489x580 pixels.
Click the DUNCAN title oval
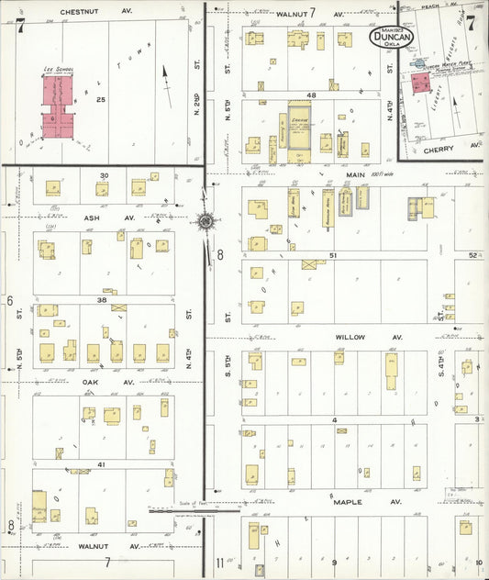tap(392, 36)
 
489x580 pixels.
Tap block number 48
tap(312, 95)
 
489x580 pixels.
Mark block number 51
tap(334, 254)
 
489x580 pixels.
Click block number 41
tap(102, 464)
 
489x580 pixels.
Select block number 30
tap(105, 174)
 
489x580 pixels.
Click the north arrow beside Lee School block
tap(165, 77)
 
